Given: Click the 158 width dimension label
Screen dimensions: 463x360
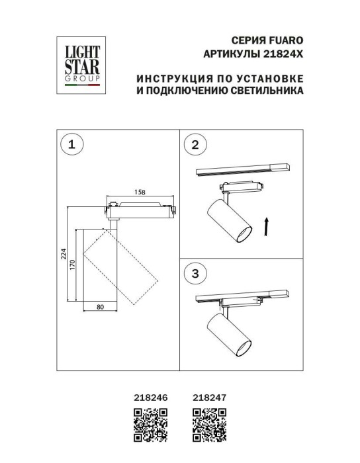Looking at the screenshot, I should tap(140, 192).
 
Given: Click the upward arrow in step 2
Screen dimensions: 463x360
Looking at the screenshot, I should tap(265, 226).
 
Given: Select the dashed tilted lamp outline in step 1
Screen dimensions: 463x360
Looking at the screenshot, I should tap(121, 267).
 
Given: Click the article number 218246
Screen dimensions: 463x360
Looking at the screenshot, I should tap(149, 398).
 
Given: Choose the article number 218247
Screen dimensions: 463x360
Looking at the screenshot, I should tap(209, 398).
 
